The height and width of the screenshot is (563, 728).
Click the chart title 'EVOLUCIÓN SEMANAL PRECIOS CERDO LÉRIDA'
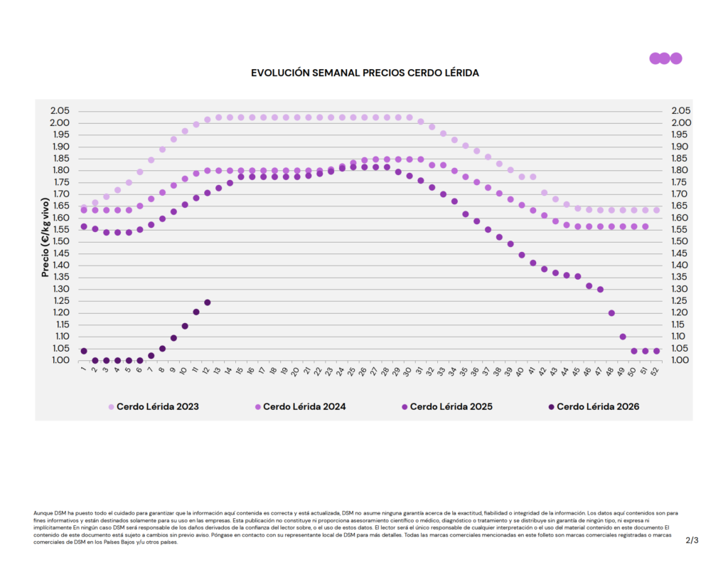(x=365, y=73)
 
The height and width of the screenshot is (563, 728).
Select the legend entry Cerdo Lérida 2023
(x=153, y=407)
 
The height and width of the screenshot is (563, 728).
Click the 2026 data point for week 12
(x=208, y=302)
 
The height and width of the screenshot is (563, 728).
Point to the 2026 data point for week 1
(x=84, y=351)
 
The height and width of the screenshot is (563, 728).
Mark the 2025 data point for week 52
(x=656, y=351)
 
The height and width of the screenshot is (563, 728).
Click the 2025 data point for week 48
(x=611, y=313)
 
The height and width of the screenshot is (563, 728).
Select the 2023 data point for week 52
(x=656, y=210)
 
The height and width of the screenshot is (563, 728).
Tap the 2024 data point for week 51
(x=646, y=226)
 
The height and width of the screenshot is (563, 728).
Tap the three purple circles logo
(x=665, y=58)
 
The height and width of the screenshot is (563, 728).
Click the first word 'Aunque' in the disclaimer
(x=43, y=512)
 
